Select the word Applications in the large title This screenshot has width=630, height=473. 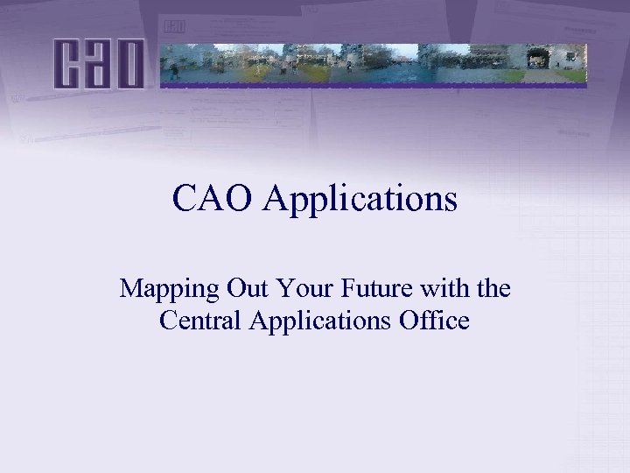pyautogui.click(x=360, y=200)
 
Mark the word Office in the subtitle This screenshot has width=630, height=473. pyautogui.click(x=434, y=321)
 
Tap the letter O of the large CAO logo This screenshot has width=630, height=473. pyautogui.click(x=129, y=64)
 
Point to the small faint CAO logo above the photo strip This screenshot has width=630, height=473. pyautogui.click(x=175, y=27)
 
